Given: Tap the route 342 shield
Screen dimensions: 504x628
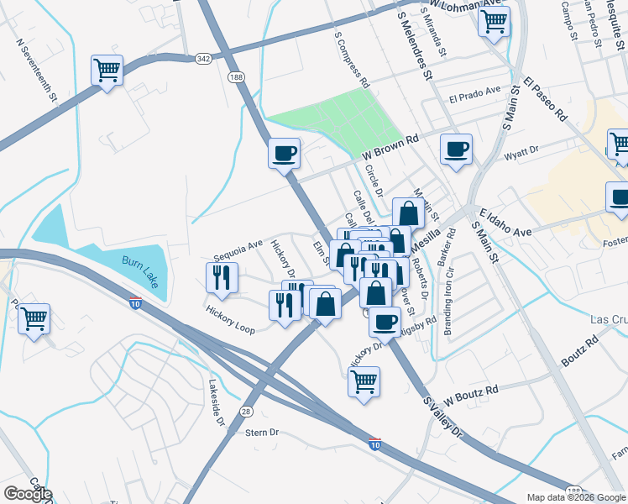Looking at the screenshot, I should point(202,58).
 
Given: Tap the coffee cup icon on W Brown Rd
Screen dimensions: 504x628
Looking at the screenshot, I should point(284,154).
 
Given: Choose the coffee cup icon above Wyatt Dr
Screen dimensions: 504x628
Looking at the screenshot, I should point(456,150).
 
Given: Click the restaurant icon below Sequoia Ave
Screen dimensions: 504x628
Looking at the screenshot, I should point(222,278).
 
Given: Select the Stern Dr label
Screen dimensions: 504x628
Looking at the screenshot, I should point(262,433).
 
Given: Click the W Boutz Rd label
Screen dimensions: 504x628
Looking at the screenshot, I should point(471,391).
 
